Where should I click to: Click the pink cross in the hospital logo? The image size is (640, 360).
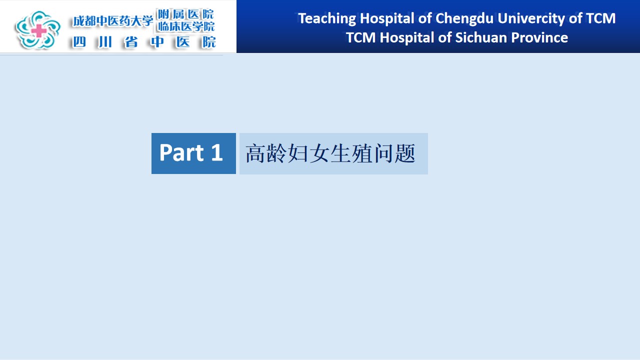(39, 30)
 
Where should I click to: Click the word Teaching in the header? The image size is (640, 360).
(327, 19)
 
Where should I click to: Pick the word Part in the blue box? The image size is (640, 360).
(181, 152)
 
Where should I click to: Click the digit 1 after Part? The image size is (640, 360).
(217, 152)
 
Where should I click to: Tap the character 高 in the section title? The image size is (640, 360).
(255, 153)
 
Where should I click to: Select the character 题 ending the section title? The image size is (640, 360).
(405, 153)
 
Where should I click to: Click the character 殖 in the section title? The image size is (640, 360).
(362, 153)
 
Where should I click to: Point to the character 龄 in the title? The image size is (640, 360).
(276, 153)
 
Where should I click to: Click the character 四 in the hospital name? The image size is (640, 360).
(79, 42)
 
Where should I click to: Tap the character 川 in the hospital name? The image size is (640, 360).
(105, 42)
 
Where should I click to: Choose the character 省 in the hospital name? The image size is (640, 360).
(131, 42)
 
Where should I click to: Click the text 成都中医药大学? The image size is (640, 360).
(113, 21)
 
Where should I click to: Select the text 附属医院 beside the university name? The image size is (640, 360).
(185, 14)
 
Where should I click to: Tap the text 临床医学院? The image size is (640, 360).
(186, 26)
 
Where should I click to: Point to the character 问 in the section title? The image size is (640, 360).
(383, 153)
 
